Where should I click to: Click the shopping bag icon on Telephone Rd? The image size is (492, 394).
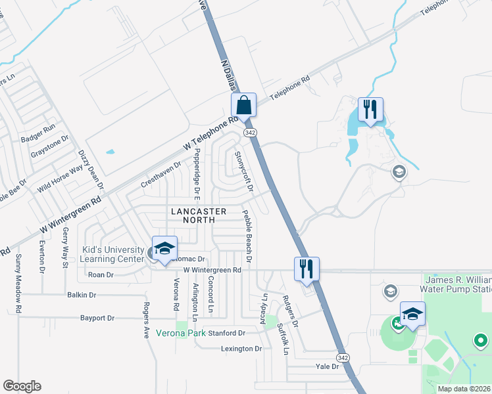pyautogui.click(x=243, y=105)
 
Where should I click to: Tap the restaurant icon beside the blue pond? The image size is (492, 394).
pyautogui.click(x=370, y=109)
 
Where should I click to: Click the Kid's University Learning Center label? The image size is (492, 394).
pyautogui.click(x=112, y=254)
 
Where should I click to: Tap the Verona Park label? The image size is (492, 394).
pyautogui.click(x=180, y=333)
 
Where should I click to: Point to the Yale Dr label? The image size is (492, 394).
pyautogui.click(x=326, y=367)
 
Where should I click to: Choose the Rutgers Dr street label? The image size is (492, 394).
pyautogui.click(x=291, y=311)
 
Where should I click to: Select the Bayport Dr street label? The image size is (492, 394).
pyautogui.click(x=97, y=318)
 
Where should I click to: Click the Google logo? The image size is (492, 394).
pyautogui.click(x=22, y=386)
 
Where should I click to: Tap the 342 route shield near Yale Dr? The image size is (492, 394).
pyautogui.click(x=342, y=357)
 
